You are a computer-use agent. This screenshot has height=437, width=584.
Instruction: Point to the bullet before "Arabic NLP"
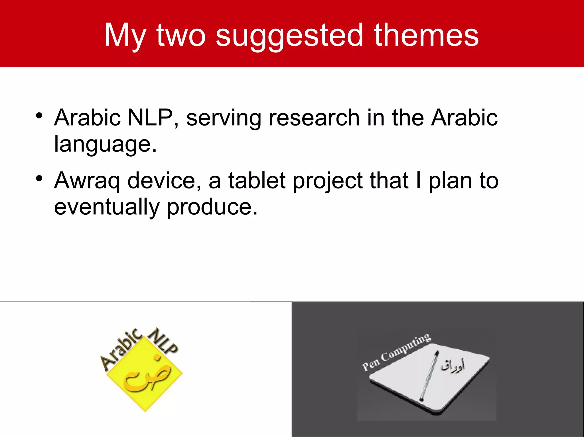point(39,116)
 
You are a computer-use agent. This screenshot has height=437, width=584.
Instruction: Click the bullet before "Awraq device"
point(39,179)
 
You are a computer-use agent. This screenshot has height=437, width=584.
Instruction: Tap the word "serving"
point(224,118)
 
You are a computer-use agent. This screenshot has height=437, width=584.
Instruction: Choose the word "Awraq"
point(87,181)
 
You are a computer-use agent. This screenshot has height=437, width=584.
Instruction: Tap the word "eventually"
point(107,207)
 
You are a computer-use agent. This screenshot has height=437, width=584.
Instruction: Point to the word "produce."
point(212,207)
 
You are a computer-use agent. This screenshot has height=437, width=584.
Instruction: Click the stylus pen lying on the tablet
point(429,376)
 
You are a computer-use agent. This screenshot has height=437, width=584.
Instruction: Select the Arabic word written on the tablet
point(453,367)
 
